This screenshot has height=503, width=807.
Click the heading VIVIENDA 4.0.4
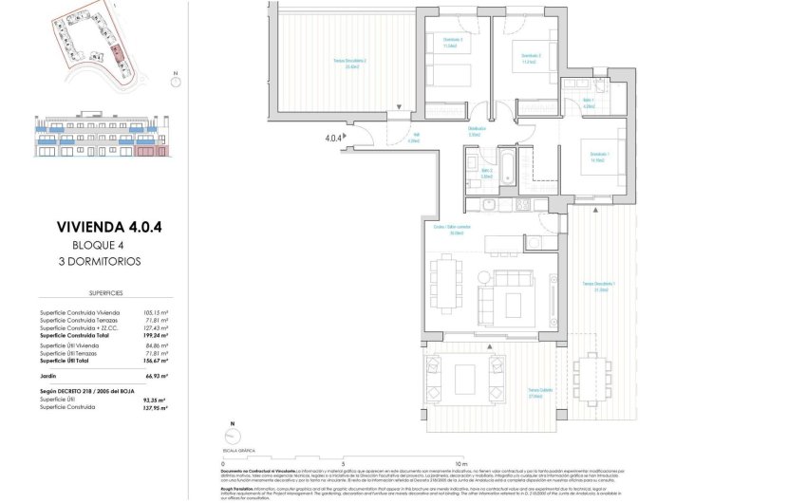97,227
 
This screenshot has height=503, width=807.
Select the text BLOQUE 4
97,243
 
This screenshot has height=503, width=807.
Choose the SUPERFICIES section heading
97,294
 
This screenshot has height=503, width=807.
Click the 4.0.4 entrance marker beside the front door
332,139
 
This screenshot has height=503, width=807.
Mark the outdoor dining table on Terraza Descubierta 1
594,370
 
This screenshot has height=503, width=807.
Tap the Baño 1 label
588,103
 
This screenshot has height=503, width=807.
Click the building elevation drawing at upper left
97,138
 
